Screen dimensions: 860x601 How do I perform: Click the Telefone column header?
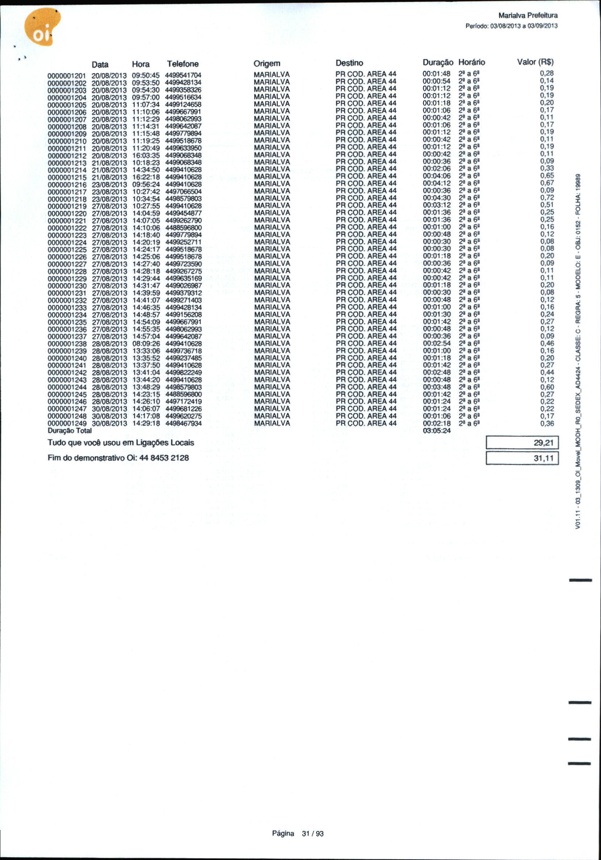183,64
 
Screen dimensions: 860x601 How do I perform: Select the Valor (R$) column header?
535,62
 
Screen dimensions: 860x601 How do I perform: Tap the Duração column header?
438,62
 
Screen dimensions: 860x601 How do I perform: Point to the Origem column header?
266,63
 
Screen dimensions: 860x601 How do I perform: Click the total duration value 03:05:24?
437,431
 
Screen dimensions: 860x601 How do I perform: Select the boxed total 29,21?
522,443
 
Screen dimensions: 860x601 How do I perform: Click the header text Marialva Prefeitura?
528,15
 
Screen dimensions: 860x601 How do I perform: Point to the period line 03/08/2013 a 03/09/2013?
512,26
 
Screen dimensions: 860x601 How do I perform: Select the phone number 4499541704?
183,75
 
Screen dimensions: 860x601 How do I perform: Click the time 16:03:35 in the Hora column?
146,155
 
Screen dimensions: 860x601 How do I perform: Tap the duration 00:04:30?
437,198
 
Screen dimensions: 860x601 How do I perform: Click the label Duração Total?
70,431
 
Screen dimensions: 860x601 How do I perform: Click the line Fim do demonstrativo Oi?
118,458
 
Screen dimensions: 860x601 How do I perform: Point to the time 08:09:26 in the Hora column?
146,344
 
